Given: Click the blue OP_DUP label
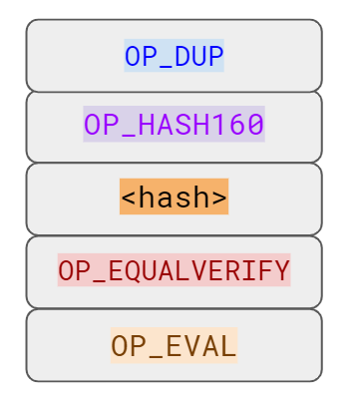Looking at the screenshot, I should coord(175,56).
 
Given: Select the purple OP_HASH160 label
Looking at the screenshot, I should coord(175,126).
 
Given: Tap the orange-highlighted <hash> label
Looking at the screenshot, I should coord(175,198).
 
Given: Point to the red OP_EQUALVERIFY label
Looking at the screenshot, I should coord(175,269).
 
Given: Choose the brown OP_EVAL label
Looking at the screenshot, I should coord(175,345).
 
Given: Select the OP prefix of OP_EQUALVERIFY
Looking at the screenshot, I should coord(74,269).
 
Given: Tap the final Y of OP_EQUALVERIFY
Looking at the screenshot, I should coord(282,269).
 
